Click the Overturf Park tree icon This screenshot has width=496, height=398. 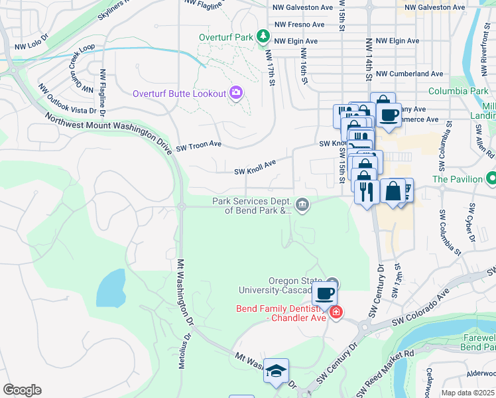[264, 35]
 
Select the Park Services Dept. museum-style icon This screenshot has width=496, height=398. [302, 204]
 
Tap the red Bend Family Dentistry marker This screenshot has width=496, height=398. [336, 312]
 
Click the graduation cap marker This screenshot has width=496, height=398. [276, 371]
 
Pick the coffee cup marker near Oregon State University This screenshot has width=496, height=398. [324, 293]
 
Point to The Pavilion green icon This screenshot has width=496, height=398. [491, 178]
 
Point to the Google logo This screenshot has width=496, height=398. [21, 390]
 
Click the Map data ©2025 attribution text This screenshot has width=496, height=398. [467, 393]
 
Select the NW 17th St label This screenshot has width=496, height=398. [270, 68]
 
